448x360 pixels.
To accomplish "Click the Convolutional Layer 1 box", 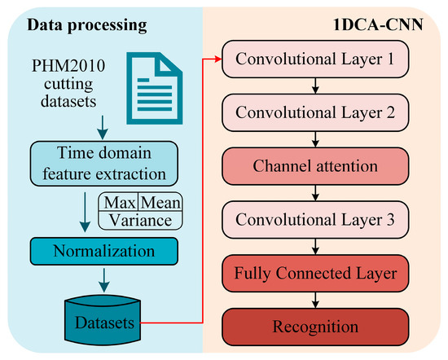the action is tap(315, 59).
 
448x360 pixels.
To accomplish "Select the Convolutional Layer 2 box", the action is tap(315, 112).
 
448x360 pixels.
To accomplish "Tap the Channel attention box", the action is tap(315, 166).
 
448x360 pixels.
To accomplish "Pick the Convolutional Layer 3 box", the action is tap(315, 220).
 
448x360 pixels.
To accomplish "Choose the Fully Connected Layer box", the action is tap(315, 274).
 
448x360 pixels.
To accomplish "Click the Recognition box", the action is tap(315, 327).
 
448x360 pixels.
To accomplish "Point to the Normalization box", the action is tap(104, 252).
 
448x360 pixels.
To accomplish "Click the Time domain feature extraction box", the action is tap(104, 164).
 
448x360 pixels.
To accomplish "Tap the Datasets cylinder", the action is tap(103, 319).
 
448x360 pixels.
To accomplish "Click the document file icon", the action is tap(155, 88).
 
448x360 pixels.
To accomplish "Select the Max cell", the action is tap(119, 203).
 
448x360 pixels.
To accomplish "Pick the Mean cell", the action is tap(160, 203).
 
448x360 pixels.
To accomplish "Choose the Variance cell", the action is tap(140, 221).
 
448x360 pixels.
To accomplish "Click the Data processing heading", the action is tap(87, 25).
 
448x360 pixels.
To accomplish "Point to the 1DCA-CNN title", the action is tap(378, 25).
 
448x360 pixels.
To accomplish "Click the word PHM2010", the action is tap(68, 66).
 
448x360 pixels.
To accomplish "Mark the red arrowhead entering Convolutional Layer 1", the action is tap(218, 59).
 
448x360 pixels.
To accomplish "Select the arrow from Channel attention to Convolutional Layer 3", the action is tap(315, 193).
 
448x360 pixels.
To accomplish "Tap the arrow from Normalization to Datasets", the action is tap(104, 280).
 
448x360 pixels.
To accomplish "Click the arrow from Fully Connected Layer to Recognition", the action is tap(315, 301).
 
